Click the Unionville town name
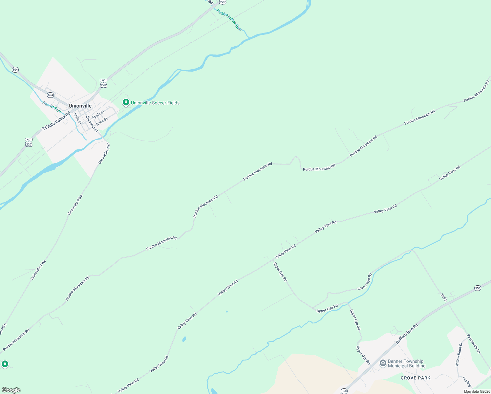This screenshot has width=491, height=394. pyautogui.click(x=80, y=106)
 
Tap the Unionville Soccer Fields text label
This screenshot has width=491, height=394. pyautogui.click(x=155, y=103)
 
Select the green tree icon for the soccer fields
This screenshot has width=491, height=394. pyautogui.click(x=126, y=102)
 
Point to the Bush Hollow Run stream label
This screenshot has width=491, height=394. pyautogui.click(x=229, y=20)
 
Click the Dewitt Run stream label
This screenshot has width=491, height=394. pyautogui.click(x=52, y=107)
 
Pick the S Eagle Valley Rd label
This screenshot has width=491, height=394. pyautogui.click(x=56, y=121)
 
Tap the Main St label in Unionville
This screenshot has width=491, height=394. pyautogui.click(x=78, y=119)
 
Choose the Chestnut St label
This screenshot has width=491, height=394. pyautogui.click(x=92, y=124)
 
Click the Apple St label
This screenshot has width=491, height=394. pyautogui.click(x=98, y=115)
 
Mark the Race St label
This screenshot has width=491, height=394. pyautogui.click(x=102, y=121)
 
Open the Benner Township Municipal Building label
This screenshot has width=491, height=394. pyautogui.click(x=406, y=363)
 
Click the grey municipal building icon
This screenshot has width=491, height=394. pyautogui.click(x=383, y=363)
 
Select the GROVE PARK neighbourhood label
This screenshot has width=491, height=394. pyautogui.click(x=416, y=378)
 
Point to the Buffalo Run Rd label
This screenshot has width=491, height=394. pyautogui.click(x=407, y=334)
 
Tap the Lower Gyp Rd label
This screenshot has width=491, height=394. pyautogui.click(x=365, y=281)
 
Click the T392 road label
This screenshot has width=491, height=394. pyautogui.click(x=444, y=297)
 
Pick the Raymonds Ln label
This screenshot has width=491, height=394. pyautogui.click(x=474, y=344)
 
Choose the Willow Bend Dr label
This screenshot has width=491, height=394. pyautogui.click(x=459, y=355)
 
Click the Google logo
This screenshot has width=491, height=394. pyautogui.click(x=11, y=390)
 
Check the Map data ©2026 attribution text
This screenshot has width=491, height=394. pyautogui.click(x=477, y=391)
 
